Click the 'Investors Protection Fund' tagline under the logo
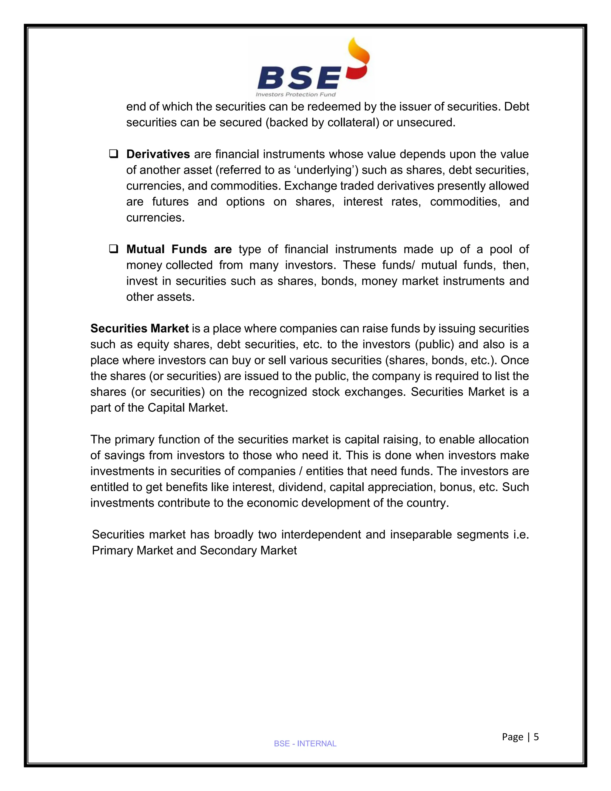pyautogui.click(x=296, y=95)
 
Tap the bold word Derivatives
pyautogui.click(x=158, y=154)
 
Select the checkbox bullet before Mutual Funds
pyautogui.click(x=113, y=249)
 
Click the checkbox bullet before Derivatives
pyautogui.click(x=113, y=154)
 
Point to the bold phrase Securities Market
pyautogui.click(x=139, y=329)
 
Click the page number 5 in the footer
pyautogui.click(x=536, y=737)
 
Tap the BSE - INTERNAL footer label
pyautogui.click(x=305, y=744)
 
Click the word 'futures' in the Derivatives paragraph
pyautogui.click(x=170, y=202)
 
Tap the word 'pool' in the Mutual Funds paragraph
pyautogui.click(x=501, y=249)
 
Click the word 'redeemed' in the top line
pyautogui.click(x=336, y=107)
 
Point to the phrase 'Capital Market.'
pyautogui.click(x=187, y=408)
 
